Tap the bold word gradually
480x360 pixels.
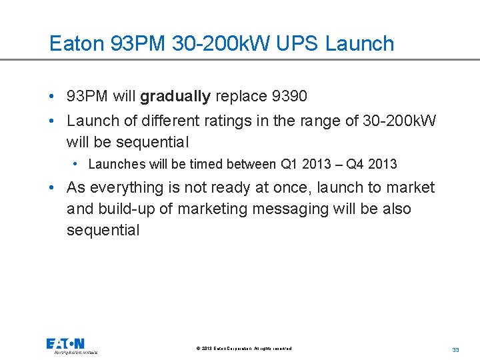175,96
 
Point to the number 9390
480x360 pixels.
289,96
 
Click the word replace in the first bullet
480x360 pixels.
241,96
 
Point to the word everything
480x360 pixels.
127,187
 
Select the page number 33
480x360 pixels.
456,349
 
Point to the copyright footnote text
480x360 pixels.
243,349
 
